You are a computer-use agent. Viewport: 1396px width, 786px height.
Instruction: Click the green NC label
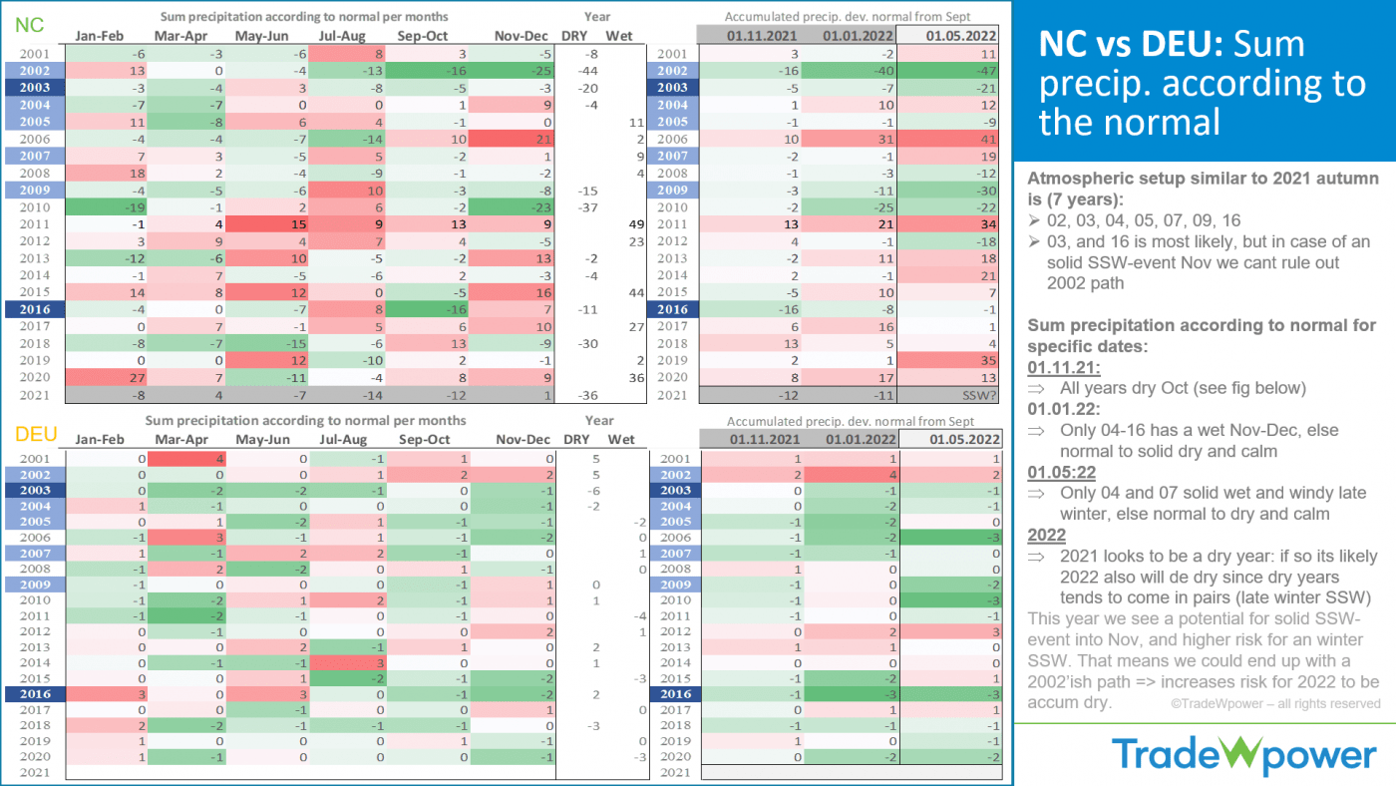pos(29,26)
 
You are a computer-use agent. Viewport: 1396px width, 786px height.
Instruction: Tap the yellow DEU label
pos(34,434)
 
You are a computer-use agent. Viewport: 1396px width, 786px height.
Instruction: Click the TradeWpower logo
pos(1243,755)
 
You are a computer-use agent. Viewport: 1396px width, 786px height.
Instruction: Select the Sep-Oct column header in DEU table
pos(424,439)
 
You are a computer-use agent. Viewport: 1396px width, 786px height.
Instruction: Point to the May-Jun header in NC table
pos(262,37)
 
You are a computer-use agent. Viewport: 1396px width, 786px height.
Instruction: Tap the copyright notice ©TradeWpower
pos(1276,703)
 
